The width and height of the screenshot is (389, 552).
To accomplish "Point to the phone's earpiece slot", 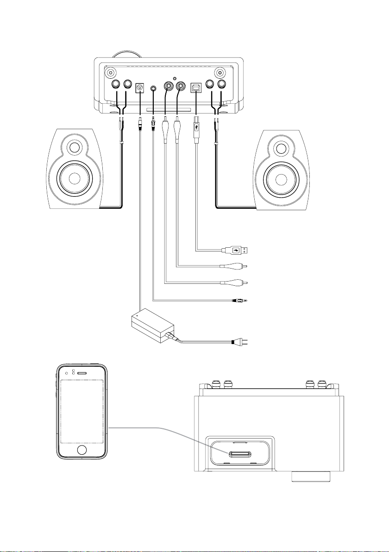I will (82, 373).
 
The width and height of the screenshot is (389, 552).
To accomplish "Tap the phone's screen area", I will (82, 412).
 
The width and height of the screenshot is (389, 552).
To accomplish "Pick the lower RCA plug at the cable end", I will (235, 282).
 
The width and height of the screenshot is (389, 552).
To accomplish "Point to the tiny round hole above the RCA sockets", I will (173, 78).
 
